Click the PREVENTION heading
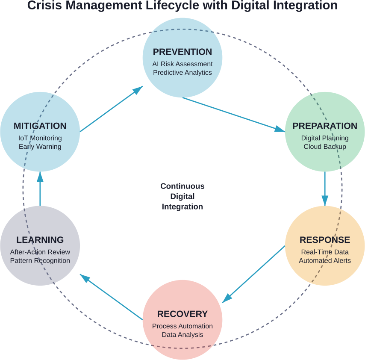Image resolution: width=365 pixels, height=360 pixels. click(182, 52)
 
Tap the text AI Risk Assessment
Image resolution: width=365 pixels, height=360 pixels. click(182, 64)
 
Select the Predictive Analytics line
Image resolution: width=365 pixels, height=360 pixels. click(182, 72)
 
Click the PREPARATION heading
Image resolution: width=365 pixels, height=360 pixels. click(325, 126)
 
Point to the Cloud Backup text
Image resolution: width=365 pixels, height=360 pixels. click(325, 147)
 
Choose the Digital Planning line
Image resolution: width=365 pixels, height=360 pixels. click(325, 138)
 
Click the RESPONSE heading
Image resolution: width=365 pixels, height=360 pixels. click(325, 239)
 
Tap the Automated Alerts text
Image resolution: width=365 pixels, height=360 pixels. click(325, 260)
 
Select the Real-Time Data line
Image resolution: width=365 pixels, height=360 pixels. click(325, 252)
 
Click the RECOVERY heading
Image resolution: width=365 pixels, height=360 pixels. click(182, 314)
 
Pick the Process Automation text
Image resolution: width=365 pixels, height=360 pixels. click(182, 326)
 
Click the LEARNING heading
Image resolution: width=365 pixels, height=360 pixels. click(40, 240)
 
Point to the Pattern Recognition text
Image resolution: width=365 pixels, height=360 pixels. click(40, 260)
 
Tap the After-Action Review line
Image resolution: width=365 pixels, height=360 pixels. click(40, 252)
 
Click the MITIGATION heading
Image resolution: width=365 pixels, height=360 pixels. click(40, 126)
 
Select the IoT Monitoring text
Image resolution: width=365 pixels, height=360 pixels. click(40, 138)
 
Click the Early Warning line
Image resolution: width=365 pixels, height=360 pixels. click(40, 147)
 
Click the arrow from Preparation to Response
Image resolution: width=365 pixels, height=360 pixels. click(325, 188)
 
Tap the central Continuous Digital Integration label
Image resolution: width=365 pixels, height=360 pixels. click(182, 197)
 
